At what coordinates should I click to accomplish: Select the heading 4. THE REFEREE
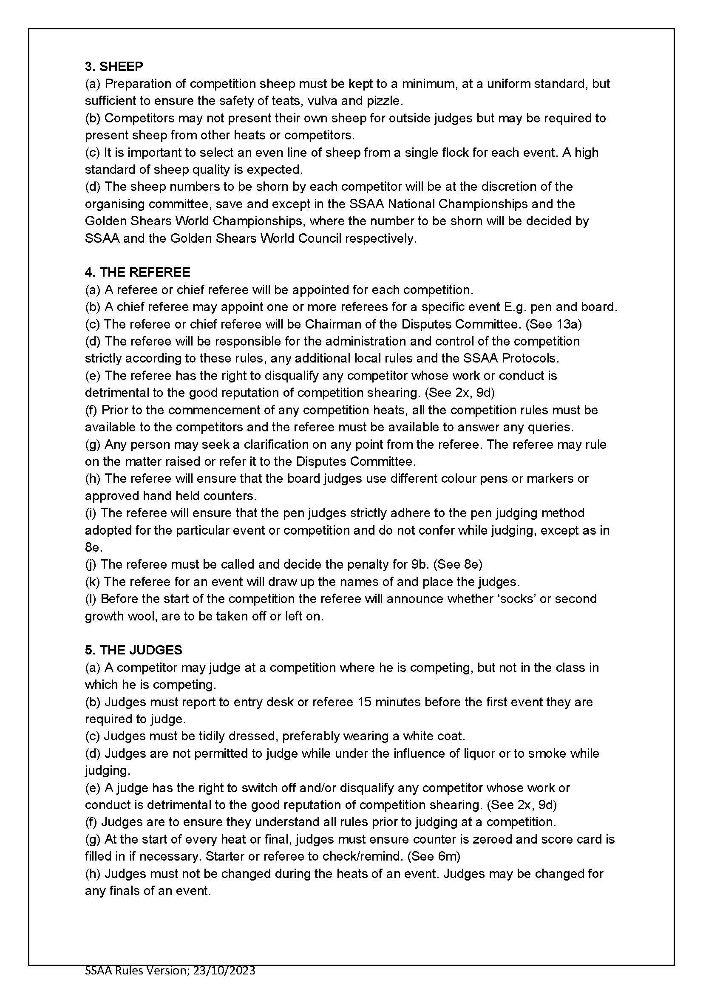[x=137, y=272]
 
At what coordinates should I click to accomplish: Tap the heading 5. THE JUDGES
[x=133, y=650]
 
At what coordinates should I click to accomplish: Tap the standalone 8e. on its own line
[x=94, y=547]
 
